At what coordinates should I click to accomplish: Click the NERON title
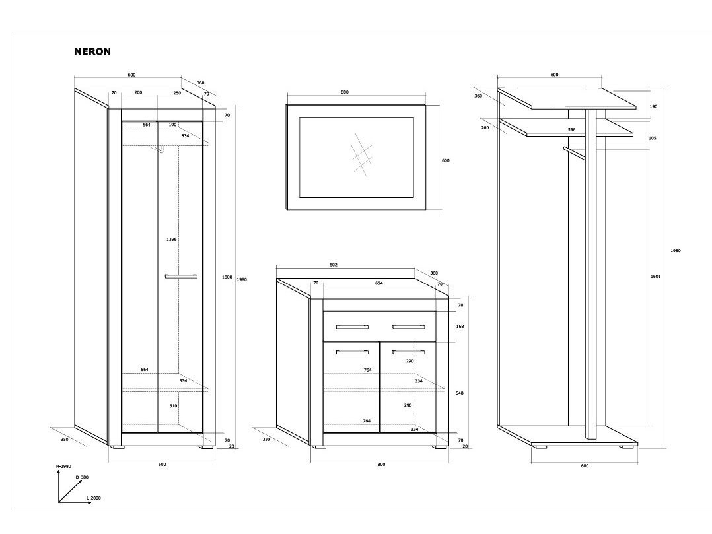92,50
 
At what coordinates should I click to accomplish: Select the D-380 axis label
82,477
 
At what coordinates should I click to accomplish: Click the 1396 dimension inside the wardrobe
172,239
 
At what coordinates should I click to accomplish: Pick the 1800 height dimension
227,277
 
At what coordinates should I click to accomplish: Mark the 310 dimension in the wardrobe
173,406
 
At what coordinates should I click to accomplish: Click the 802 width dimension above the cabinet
333,265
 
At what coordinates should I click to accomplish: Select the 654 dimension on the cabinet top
378,283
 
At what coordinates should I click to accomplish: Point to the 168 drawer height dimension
460,325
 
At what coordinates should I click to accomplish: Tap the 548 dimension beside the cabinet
460,393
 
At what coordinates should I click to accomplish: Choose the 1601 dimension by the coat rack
655,276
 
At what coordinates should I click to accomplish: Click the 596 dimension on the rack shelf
571,130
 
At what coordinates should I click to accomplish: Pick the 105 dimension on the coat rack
653,138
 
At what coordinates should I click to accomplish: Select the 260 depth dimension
485,127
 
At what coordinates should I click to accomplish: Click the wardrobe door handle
181,276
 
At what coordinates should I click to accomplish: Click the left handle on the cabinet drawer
352,327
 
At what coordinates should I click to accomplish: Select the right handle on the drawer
408,327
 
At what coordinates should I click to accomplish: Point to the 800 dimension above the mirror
344,92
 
